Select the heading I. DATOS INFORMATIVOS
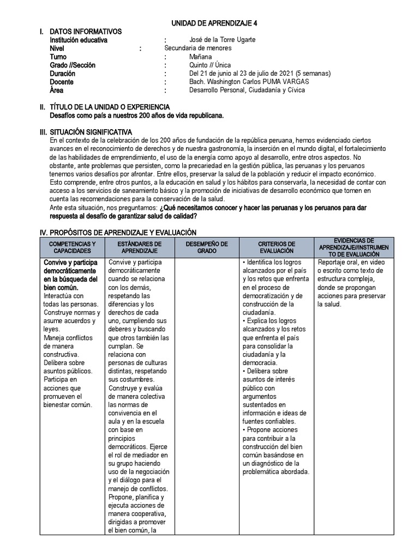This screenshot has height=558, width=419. point(85,32)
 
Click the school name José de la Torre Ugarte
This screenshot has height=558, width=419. point(222,40)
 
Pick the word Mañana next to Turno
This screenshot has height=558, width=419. point(201,57)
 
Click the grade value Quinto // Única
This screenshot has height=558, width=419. point(210,65)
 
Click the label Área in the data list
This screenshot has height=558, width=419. point(57,90)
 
